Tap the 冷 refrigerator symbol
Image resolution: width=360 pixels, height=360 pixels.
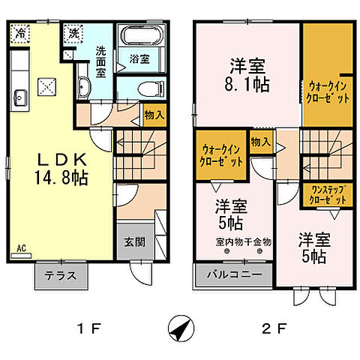21,33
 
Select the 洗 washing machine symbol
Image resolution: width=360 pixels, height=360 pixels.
73,33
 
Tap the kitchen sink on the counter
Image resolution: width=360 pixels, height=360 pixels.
20,97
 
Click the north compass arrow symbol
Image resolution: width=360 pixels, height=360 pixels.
180,327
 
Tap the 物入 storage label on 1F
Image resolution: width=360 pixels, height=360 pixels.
154,115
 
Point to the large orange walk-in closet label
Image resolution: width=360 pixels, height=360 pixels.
326,92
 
